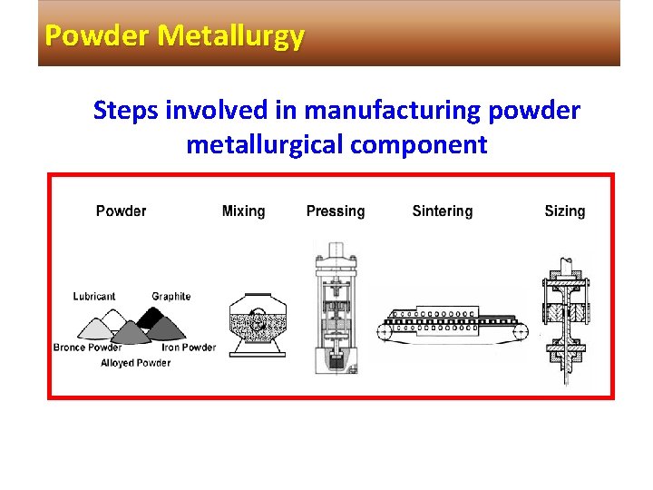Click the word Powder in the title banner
point(98,36)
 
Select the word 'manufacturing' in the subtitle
point(393,111)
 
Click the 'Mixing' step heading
point(243,211)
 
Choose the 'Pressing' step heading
point(336,211)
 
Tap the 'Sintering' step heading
point(443,211)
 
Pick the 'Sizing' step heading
point(564,211)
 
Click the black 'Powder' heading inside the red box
point(121,211)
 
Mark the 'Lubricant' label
point(94,297)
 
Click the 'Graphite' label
point(171,297)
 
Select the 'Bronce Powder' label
point(87,348)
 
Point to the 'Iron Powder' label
point(189,348)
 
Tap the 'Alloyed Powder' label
point(135,363)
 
